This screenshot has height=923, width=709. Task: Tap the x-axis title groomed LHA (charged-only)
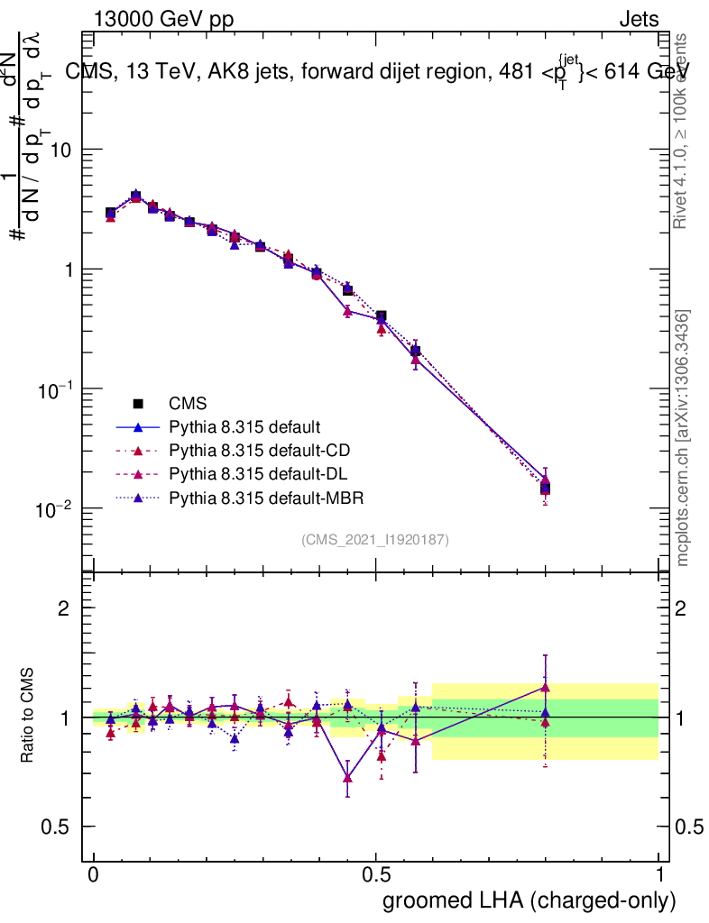click(x=529, y=900)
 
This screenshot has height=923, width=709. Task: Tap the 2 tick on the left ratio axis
click(x=63, y=608)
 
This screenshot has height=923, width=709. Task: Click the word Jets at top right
click(x=639, y=19)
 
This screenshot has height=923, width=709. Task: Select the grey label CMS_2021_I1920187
click(x=375, y=540)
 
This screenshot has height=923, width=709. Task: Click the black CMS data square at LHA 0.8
click(x=545, y=489)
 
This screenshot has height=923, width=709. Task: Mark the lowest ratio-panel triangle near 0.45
click(x=347, y=778)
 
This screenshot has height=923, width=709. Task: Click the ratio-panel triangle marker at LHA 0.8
click(x=545, y=687)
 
